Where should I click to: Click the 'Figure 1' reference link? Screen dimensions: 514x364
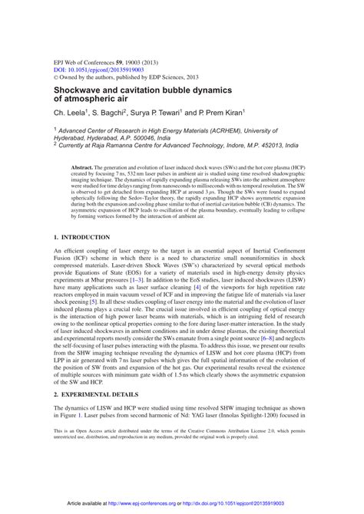coord(69,434)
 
